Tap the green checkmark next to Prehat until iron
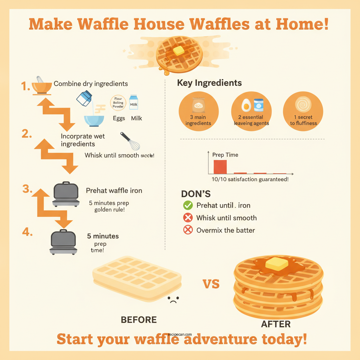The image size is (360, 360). click(x=188, y=206)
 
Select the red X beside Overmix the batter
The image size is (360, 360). click(x=188, y=230)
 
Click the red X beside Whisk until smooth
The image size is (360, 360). click(x=188, y=218)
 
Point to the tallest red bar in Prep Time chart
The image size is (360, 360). click(x=220, y=167)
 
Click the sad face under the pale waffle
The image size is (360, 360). click(x=173, y=300)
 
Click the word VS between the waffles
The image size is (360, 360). click(x=211, y=283)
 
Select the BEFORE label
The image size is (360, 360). click(x=139, y=320)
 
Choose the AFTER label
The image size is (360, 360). click(x=276, y=324)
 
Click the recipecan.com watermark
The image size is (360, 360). click(x=180, y=335)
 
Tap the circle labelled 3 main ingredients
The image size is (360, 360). click(x=198, y=111)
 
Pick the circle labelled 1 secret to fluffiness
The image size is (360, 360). click(x=303, y=111)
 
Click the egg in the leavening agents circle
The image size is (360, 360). click(x=246, y=105)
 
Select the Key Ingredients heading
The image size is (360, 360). click(x=209, y=83)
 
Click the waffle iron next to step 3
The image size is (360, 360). click(x=66, y=194)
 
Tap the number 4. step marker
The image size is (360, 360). click(x=27, y=232)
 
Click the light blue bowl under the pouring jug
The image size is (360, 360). click(x=94, y=121)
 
